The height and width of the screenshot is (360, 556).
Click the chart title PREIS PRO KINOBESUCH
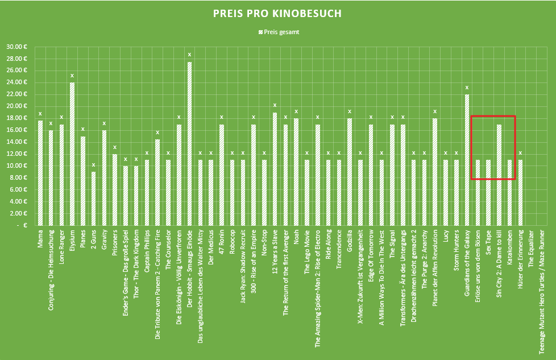click(277, 14)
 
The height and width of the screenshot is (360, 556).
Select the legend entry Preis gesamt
click(279, 32)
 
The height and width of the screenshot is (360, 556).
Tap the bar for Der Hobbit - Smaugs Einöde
click(189, 144)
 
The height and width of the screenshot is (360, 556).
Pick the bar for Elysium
click(72, 154)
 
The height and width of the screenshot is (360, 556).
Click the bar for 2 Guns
click(93, 198)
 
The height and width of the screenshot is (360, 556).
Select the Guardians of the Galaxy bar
click(467, 160)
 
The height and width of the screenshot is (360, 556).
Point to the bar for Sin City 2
click(499, 175)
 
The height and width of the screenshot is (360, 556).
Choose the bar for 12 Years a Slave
click(275, 169)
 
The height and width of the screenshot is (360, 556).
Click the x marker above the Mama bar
click(40, 114)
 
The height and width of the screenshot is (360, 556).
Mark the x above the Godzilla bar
click(350, 111)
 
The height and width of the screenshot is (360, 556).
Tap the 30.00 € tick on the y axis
click(16, 47)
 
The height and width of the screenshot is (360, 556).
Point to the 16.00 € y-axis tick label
click(16, 130)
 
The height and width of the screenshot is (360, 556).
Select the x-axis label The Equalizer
click(531, 249)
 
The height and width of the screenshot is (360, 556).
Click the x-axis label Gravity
click(104, 240)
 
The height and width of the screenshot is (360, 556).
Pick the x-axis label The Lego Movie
click(307, 252)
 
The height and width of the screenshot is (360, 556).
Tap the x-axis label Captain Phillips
click(147, 251)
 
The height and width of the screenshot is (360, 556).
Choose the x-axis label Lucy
click(445, 236)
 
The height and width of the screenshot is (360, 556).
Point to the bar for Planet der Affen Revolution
click(435, 172)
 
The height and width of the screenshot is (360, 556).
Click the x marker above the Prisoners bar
click(115, 147)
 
